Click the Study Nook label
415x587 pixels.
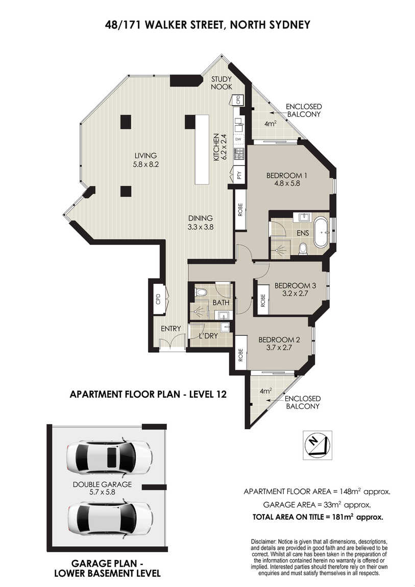222,83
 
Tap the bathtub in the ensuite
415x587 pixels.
322,232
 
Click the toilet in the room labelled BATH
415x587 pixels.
201,291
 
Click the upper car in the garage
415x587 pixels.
109,458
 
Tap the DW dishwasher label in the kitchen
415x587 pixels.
238,139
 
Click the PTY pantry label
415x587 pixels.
239,175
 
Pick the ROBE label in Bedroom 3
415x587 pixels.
263,300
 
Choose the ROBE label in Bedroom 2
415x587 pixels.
240,355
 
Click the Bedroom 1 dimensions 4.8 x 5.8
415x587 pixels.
284,183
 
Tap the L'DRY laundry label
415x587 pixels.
208,336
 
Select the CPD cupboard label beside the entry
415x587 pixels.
158,299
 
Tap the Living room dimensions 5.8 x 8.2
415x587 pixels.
145,164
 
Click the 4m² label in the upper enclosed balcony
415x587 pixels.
270,123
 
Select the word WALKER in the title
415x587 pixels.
167,25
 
